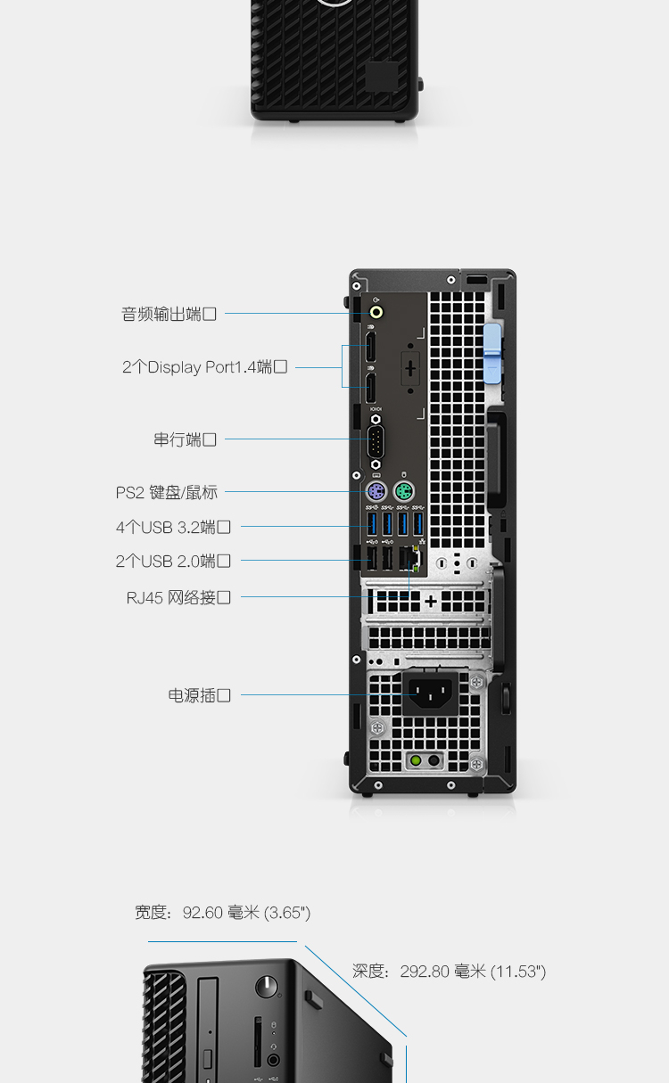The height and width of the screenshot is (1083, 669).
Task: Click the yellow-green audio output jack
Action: click(376, 312)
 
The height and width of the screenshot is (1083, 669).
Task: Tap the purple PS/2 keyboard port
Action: click(376, 492)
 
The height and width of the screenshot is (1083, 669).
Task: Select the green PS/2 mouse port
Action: click(404, 492)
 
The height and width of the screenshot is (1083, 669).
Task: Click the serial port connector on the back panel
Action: click(376, 442)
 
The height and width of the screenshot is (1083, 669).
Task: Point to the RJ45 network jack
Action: click(409, 558)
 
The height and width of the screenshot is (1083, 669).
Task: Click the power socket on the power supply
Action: click(431, 693)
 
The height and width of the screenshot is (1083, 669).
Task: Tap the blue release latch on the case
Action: click(492, 354)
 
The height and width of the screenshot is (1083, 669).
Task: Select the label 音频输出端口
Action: click(169, 314)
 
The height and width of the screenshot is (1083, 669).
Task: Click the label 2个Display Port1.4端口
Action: click(204, 367)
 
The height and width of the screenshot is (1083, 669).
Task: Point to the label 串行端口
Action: click(185, 439)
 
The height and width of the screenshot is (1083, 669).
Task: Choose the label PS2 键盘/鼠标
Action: click(167, 492)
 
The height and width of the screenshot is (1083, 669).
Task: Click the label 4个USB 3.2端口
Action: click(173, 527)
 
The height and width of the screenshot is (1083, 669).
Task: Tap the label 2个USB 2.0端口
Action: click(173, 561)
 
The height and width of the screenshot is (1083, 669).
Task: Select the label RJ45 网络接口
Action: click(178, 597)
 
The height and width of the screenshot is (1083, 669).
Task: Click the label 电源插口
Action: click(199, 695)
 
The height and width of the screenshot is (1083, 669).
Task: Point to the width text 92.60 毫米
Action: click(221, 913)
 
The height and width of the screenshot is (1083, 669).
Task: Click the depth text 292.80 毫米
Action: click(442, 972)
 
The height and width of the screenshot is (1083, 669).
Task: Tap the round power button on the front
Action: click(267, 987)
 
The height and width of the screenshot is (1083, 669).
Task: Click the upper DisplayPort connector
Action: click(370, 347)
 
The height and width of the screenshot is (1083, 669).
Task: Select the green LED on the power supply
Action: click(416, 760)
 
